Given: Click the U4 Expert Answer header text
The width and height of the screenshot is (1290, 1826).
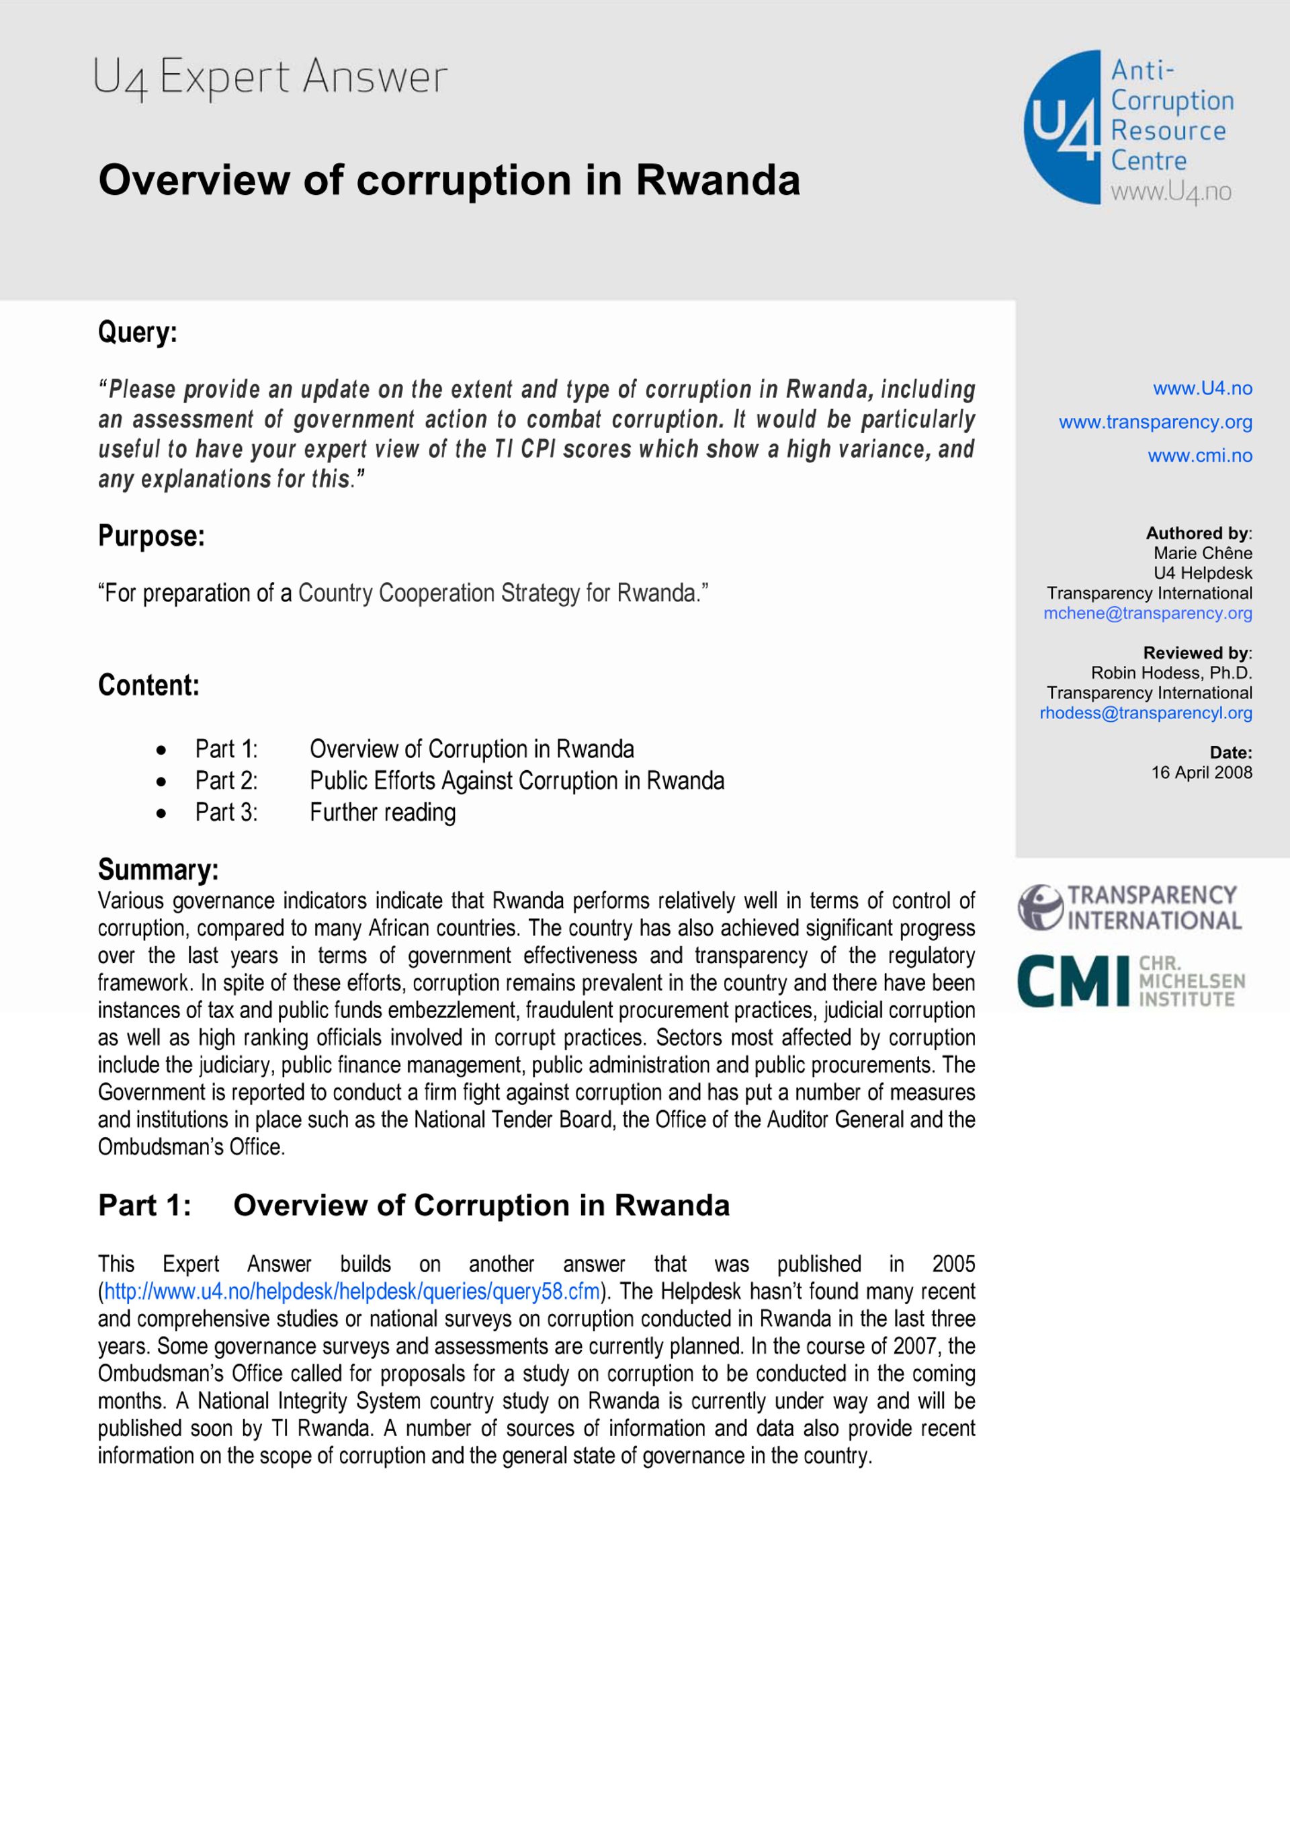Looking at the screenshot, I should point(270,77).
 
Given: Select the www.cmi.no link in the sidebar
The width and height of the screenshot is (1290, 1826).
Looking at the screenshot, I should point(1199,456).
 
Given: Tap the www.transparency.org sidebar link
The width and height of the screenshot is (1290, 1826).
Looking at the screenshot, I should point(1155,422).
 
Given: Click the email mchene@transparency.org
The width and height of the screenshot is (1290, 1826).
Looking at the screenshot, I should point(1147,613).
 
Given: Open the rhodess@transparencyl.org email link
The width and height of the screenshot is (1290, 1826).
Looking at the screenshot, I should point(1146,712).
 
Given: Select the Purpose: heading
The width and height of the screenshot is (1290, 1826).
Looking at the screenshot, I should point(151,536).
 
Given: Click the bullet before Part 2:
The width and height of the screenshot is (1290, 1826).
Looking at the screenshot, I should point(161,782).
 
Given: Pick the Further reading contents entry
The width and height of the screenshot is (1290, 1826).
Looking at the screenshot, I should point(382,812).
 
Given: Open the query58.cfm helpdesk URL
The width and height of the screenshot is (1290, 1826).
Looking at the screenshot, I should point(351,1291).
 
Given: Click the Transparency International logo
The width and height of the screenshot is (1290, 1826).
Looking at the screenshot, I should point(1129,907).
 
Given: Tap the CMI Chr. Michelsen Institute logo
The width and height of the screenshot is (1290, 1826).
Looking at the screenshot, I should point(1129,981).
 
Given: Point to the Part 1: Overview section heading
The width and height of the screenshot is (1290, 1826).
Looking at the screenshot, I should point(414,1206).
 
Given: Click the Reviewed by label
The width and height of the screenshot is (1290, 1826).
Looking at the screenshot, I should point(1196,653).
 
